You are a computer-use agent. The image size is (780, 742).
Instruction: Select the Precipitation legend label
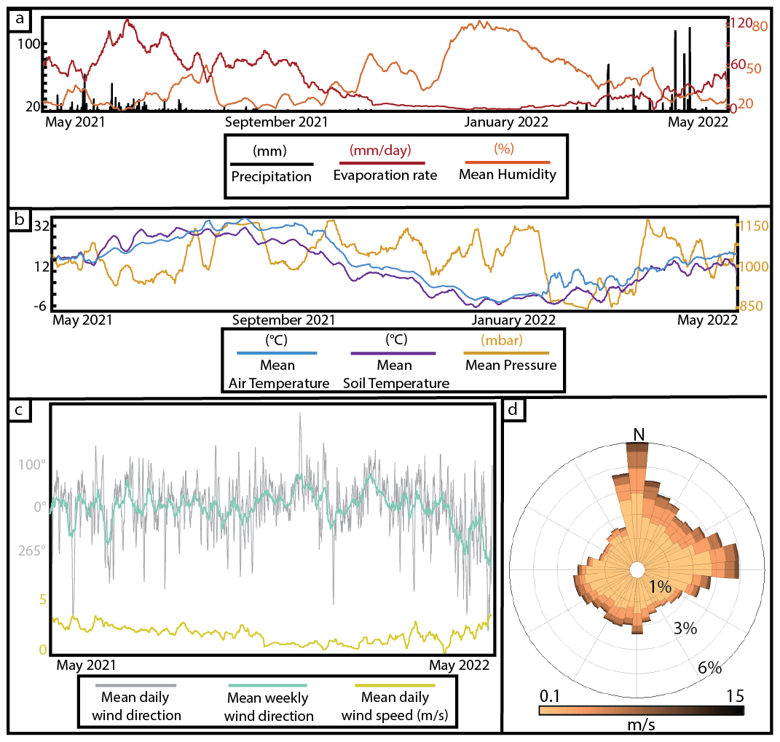click(x=272, y=175)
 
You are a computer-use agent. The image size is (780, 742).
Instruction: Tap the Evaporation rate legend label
click(x=385, y=175)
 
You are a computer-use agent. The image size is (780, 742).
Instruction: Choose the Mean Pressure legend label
click(x=511, y=365)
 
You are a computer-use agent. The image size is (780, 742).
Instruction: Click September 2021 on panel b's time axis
click(x=284, y=320)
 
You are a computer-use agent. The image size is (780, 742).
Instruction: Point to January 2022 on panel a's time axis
click(x=505, y=122)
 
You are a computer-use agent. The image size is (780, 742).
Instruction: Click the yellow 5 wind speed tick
click(x=43, y=600)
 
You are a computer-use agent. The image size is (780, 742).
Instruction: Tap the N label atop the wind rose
click(x=639, y=434)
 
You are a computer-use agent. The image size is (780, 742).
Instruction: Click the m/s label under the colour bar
click(x=640, y=725)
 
